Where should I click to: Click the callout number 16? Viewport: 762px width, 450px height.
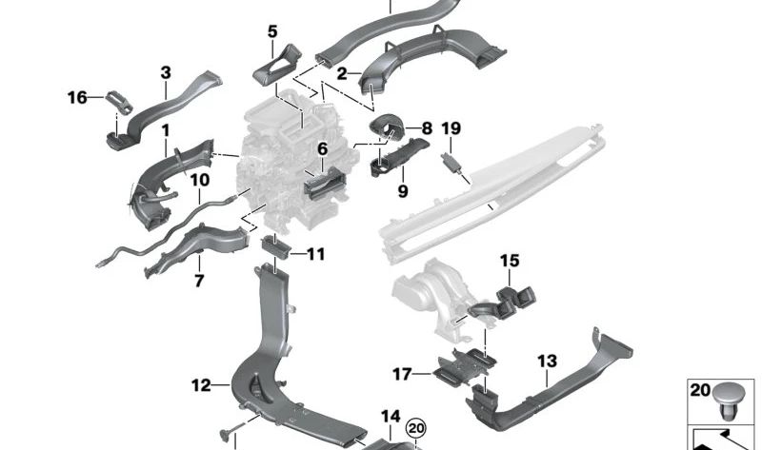[77, 97]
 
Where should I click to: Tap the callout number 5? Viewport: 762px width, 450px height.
[272, 31]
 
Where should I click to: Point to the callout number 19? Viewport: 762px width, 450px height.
[451, 128]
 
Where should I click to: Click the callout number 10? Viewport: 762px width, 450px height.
[199, 180]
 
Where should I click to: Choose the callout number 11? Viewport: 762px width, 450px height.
[315, 254]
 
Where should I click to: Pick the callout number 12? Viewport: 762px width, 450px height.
[200, 385]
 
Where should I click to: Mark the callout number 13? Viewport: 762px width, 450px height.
[546, 362]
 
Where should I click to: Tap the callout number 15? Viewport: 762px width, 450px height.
[510, 261]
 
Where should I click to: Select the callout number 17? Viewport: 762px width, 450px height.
[402, 373]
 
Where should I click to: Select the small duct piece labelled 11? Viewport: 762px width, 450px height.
[275, 250]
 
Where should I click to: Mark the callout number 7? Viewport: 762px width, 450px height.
[199, 281]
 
